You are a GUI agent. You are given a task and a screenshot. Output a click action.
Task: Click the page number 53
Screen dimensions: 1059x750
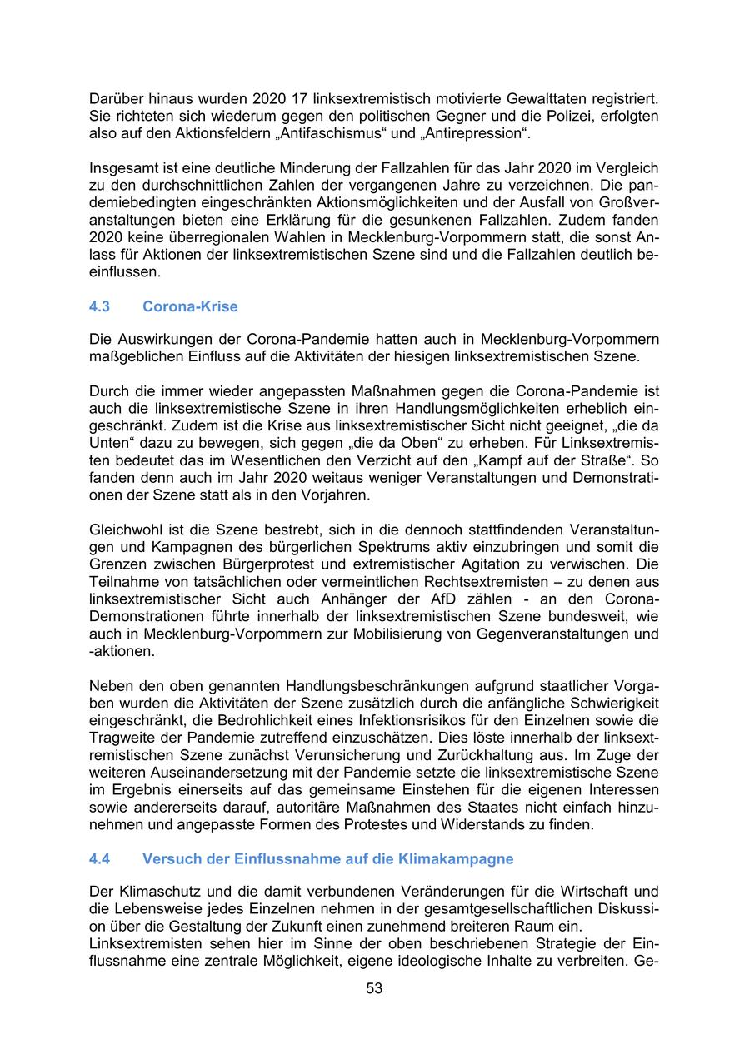pos(374,989)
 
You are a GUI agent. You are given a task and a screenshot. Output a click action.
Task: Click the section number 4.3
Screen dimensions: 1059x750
pos(99,307)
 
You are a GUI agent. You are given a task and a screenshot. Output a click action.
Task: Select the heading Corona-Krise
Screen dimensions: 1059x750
pos(190,307)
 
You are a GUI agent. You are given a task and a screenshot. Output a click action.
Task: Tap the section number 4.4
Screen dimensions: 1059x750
pos(99,859)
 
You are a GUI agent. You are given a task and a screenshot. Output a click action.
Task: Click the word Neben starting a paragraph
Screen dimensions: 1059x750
pos(111,686)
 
